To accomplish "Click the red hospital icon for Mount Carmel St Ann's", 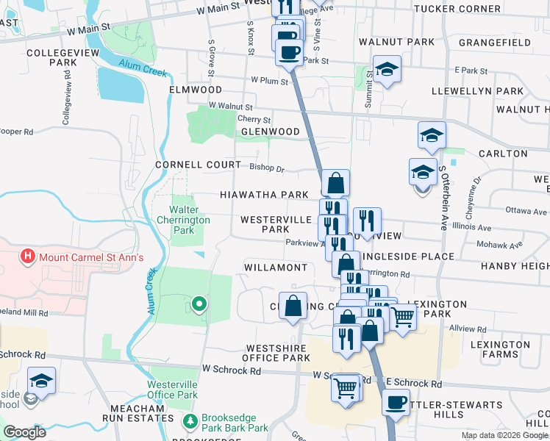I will (x=28, y=257).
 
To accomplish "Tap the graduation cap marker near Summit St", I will (x=387, y=69).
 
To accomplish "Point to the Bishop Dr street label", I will (x=266, y=167).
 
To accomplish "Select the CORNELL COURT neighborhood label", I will (x=198, y=165).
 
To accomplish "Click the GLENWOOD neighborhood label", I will (x=271, y=132).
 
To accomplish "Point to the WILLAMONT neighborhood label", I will (x=275, y=268).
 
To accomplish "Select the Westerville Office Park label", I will (x=173, y=390).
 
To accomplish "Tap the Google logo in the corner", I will (x=24, y=431).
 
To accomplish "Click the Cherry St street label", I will (x=254, y=120).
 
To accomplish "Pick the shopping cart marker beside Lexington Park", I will (x=402, y=317).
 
